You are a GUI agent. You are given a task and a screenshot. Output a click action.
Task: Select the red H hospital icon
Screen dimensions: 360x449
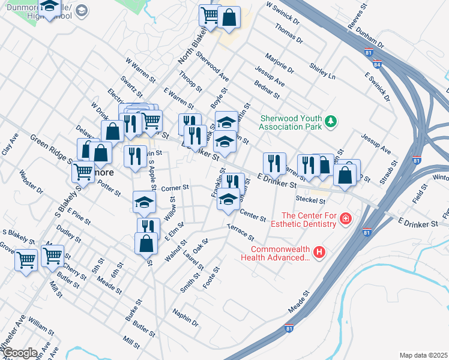pyautogui.click(x=319, y=253)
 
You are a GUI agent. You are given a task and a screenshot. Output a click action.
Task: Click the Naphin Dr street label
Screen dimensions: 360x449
pyautogui.click(x=185, y=317)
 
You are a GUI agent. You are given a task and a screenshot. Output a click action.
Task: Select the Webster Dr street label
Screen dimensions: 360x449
pyautogui.click(x=31, y=182)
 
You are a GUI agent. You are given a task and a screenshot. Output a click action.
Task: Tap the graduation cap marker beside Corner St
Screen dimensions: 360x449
pyautogui.click(x=144, y=202)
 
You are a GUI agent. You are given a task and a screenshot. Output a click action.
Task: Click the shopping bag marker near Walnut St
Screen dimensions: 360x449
pyautogui.click(x=146, y=243)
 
